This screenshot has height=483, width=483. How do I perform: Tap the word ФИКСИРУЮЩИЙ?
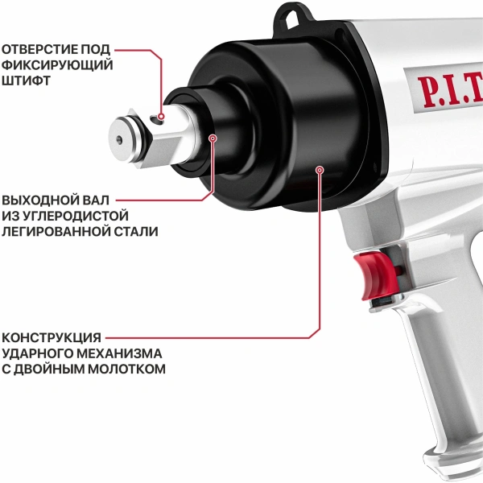point(56,65)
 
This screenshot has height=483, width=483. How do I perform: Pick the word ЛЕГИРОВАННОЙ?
point(52,231)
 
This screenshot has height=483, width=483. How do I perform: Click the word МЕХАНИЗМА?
point(121,353)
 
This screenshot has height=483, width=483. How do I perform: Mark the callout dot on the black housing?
point(320,170)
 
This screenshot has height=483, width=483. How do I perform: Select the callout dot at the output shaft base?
point(213,138)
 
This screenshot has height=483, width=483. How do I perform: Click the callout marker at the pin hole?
point(161,117)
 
